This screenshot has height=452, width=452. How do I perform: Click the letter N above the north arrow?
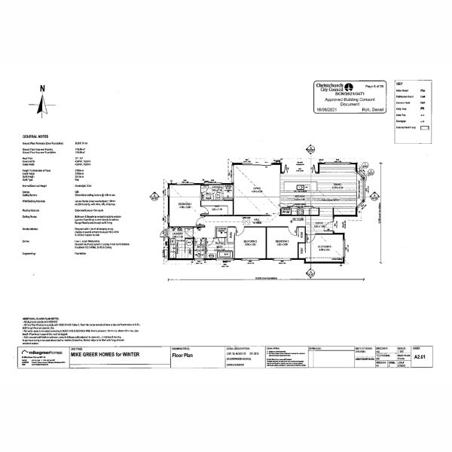(44, 89)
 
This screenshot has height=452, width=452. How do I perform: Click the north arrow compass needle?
(44, 106)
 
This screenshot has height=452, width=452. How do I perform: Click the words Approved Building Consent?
(353, 99)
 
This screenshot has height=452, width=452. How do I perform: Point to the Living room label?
(258, 190)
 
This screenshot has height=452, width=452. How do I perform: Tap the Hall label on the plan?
(257, 221)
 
